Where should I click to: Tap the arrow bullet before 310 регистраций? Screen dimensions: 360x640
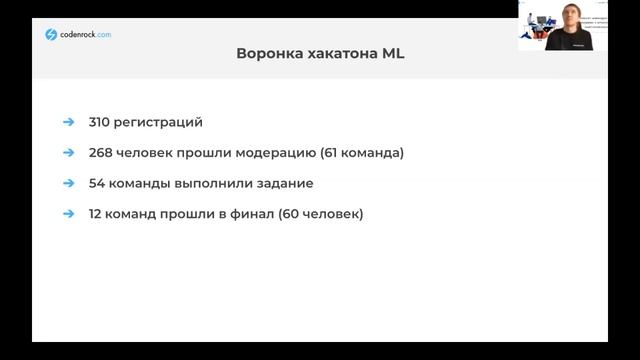click(x=68, y=122)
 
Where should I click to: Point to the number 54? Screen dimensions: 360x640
click(x=94, y=183)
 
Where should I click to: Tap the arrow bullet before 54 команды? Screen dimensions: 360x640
click(x=68, y=183)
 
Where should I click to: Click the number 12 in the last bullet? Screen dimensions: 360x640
click(x=93, y=213)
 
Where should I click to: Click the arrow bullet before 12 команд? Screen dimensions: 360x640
click(x=68, y=213)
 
